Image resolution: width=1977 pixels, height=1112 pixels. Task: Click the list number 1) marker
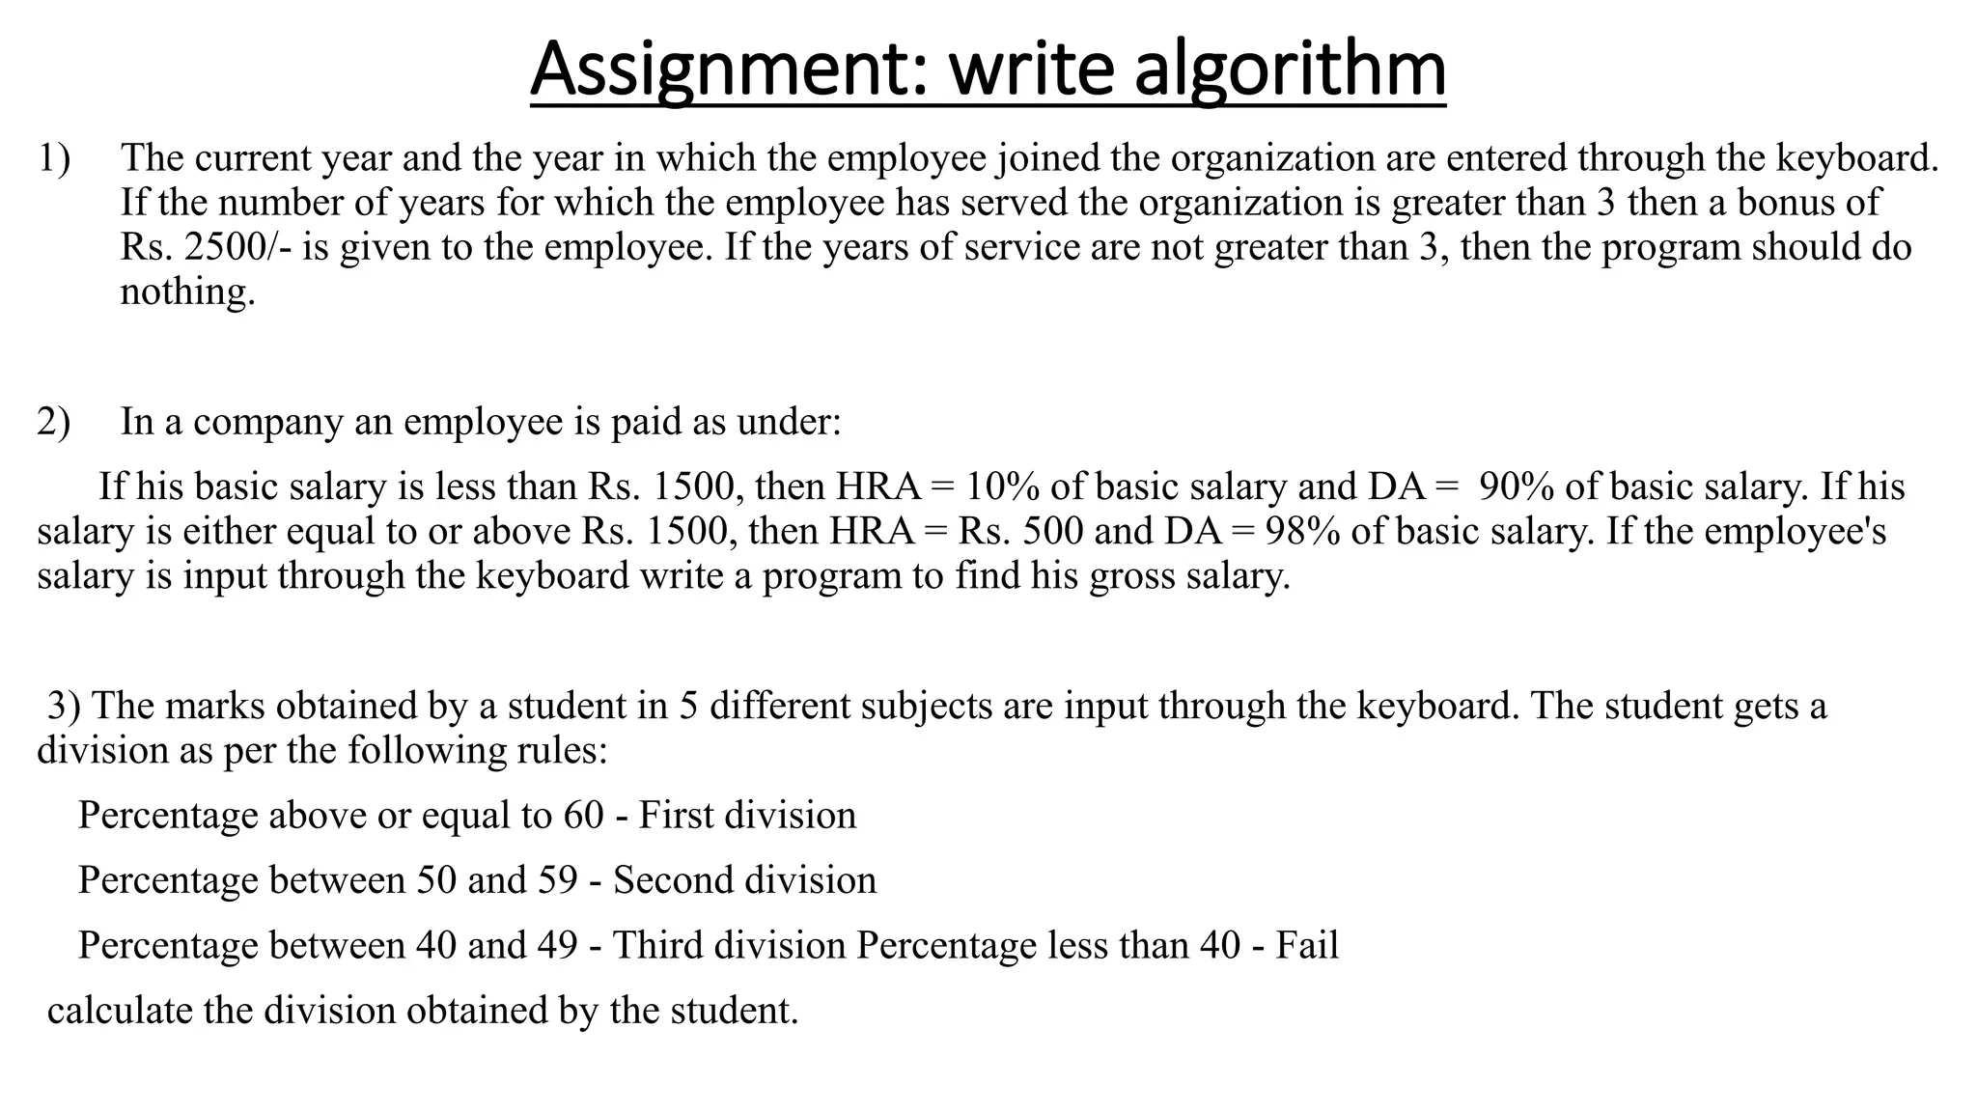[x=54, y=158]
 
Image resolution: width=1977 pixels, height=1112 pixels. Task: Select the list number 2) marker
[x=54, y=422]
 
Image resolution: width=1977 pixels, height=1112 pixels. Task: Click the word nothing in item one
[x=187, y=292]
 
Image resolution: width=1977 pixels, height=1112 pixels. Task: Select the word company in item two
[x=267, y=422]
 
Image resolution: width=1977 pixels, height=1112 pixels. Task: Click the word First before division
[x=675, y=816]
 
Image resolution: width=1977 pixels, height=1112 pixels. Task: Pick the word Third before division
[x=656, y=945]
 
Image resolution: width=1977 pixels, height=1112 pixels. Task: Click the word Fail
[x=1307, y=945]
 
